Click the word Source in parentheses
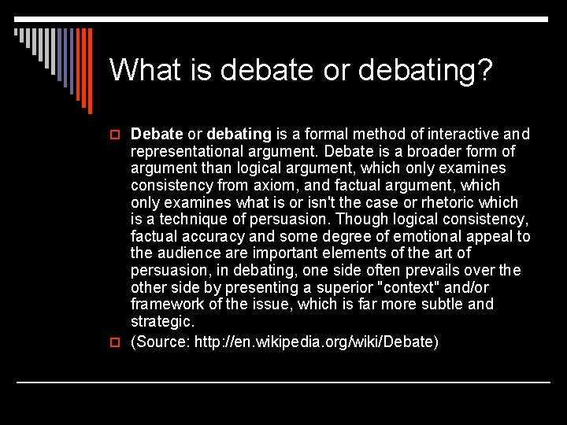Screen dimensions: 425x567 [161, 342]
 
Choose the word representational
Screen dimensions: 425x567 [187, 151]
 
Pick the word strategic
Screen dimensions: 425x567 [161, 321]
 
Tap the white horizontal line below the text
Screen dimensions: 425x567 [283, 382]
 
